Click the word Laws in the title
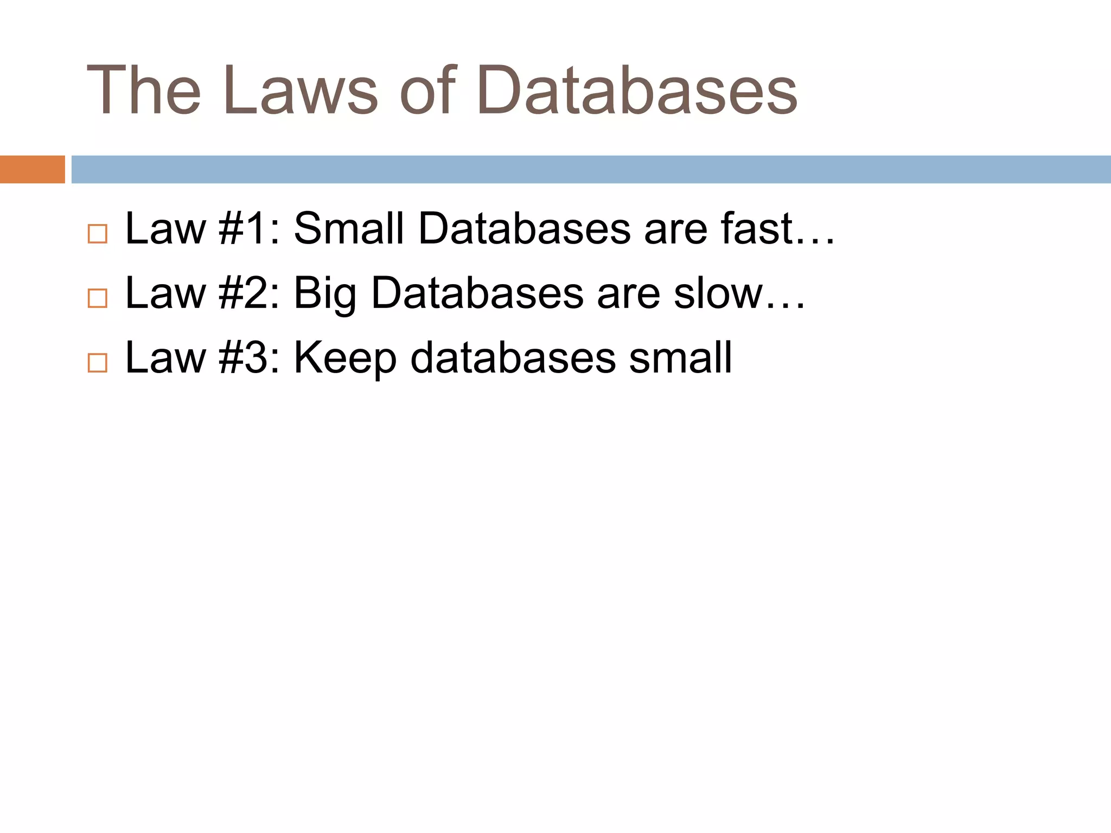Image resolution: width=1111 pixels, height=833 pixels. [300, 91]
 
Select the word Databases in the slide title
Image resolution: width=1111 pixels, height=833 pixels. [637, 91]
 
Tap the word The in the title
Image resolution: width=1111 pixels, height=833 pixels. [144, 91]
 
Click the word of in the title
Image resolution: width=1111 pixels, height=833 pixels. [429, 91]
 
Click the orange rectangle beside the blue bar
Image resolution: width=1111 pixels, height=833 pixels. [32, 169]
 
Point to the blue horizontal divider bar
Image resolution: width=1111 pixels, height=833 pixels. [591, 169]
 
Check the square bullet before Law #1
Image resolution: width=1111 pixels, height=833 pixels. [98, 234]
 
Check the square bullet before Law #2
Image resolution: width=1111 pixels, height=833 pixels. [98, 298]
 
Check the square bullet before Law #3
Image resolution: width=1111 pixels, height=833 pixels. [98, 363]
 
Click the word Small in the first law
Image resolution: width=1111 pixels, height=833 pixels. [349, 229]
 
